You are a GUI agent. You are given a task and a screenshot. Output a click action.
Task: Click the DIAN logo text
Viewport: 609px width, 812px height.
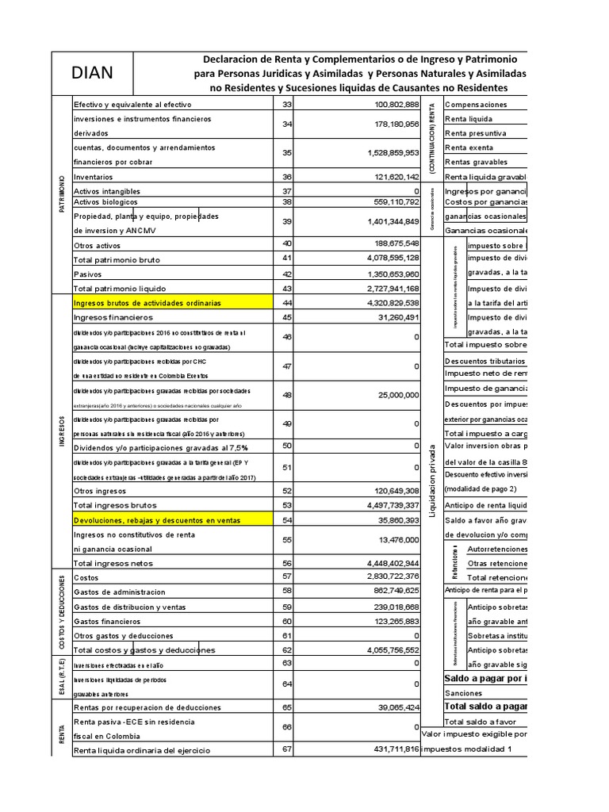coord(91,74)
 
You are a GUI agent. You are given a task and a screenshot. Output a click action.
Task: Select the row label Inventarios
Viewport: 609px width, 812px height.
coord(93,177)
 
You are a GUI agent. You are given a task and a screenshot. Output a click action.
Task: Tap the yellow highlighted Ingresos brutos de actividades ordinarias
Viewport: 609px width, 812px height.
coord(147,303)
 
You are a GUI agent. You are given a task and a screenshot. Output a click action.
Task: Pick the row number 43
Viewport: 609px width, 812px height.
coord(287,288)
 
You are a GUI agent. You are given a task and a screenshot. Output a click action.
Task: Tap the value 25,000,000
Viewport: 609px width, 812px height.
coord(393,395)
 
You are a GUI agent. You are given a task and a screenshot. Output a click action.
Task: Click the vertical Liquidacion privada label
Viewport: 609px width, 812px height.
coord(432,480)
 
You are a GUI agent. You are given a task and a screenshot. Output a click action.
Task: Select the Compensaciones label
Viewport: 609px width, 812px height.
coord(476,105)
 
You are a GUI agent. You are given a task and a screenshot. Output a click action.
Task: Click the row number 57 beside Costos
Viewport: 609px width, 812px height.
coord(287,576)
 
